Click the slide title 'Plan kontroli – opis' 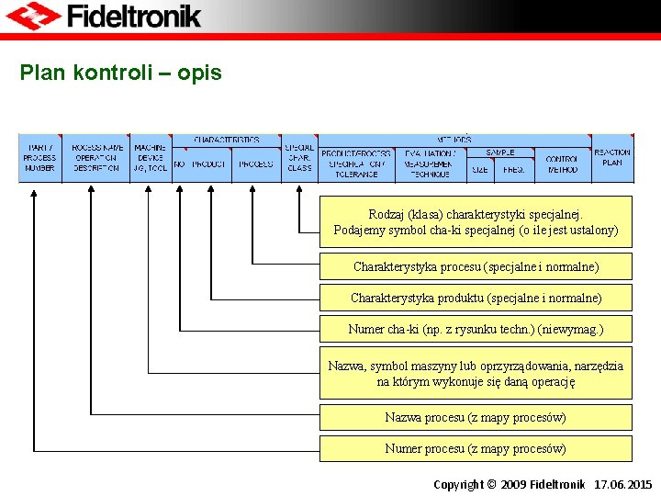point(120,73)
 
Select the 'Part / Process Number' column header point(39,158)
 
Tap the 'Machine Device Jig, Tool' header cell point(150,158)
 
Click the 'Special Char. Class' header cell point(299,158)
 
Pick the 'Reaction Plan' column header point(611,157)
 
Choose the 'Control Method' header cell point(562,164)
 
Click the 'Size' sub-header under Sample point(480,170)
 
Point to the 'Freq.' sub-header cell point(514,170)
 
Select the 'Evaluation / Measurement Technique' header point(430,163)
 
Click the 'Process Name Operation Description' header point(96,158)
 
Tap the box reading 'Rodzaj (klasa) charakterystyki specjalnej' point(476,222)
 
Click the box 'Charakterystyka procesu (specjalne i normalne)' point(476,267)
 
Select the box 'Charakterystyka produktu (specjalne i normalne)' point(476,298)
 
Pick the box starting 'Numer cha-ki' point(476,329)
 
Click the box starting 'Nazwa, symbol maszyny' point(476,373)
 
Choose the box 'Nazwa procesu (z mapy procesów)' point(476,418)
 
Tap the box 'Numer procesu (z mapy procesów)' point(476,449)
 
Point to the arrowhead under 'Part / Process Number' point(34,192)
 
